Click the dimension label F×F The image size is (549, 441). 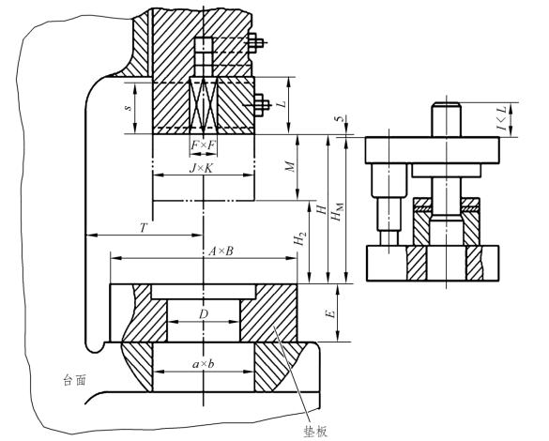203,144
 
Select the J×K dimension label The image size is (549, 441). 201,168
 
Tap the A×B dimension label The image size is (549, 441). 221,251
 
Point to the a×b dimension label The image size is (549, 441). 203,364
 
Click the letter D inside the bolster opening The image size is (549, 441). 204,314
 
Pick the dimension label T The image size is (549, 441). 144,228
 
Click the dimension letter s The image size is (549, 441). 129,107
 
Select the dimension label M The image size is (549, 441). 290,167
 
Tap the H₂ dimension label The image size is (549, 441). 299,239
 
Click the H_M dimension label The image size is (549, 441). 337,212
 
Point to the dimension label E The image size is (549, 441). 330,313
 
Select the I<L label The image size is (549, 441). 502,119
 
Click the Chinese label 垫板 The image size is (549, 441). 316,432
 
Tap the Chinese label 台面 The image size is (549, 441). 74,380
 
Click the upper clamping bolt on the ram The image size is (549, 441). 256,43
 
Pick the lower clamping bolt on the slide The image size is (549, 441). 261,104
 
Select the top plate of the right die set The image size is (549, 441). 433,150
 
